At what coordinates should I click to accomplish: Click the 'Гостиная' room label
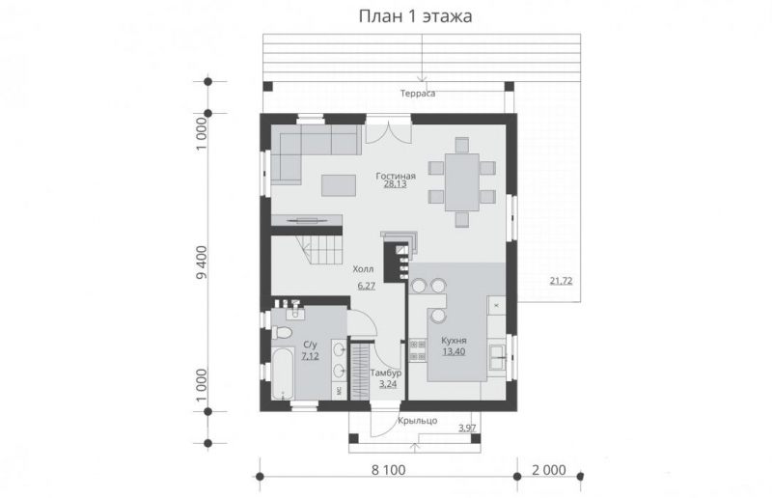[x=396, y=176]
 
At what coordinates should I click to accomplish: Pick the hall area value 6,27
[x=366, y=287]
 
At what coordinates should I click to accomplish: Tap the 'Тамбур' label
[x=388, y=373]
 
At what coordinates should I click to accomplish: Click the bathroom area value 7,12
[x=311, y=356]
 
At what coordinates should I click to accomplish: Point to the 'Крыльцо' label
[x=418, y=420]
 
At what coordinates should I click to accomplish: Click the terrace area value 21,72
[x=561, y=281]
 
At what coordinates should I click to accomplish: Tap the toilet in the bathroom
[x=283, y=333]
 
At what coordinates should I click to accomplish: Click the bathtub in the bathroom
[x=282, y=375]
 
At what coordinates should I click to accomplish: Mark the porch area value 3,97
[x=467, y=428]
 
